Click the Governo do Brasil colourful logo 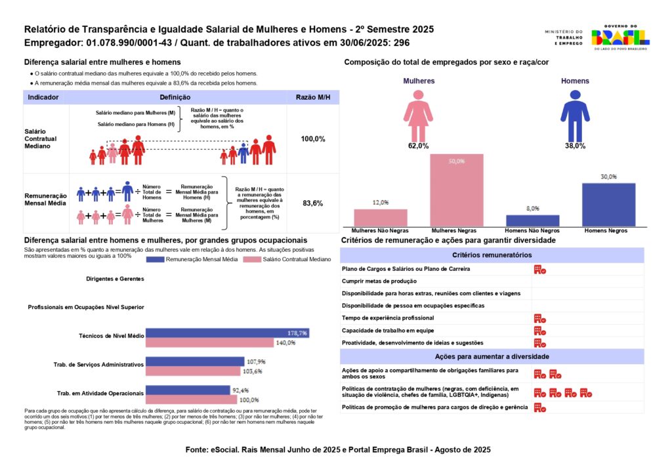pyautogui.click(x=620, y=37)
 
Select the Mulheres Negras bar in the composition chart pyautogui.click(x=457, y=190)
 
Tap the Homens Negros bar pyautogui.click(x=608, y=205)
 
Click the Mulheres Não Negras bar pyautogui.click(x=381, y=218)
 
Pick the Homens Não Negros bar pyautogui.click(x=533, y=220)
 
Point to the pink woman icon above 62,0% pyautogui.click(x=418, y=115)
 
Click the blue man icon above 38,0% pyautogui.click(x=575, y=115)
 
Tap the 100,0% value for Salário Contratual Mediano pyautogui.click(x=313, y=139)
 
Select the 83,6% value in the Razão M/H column pyautogui.click(x=313, y=203)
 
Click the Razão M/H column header pyautogui.click(x=313, y=97)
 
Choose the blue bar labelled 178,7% pyautogui.click(x=228, y=333)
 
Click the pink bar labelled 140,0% pyautogui.click(x=209, y=342)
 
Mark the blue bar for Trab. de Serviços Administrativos pyautogui.click(x=195, y=361)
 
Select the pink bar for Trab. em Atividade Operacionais pyautogui.click(x=191, y=400)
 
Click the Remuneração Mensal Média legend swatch pyautogui.click(x=155, y=260)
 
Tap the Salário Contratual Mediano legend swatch pyautogui.click(x=252, y=260)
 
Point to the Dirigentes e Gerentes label pyautogui.click(x=115, y=279)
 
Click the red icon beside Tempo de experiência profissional pyautogui.click(x=539, y=319)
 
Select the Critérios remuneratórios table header pyautogui.click(x=492, y=255)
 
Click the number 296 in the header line pyautogui.click(x=402, y=43)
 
